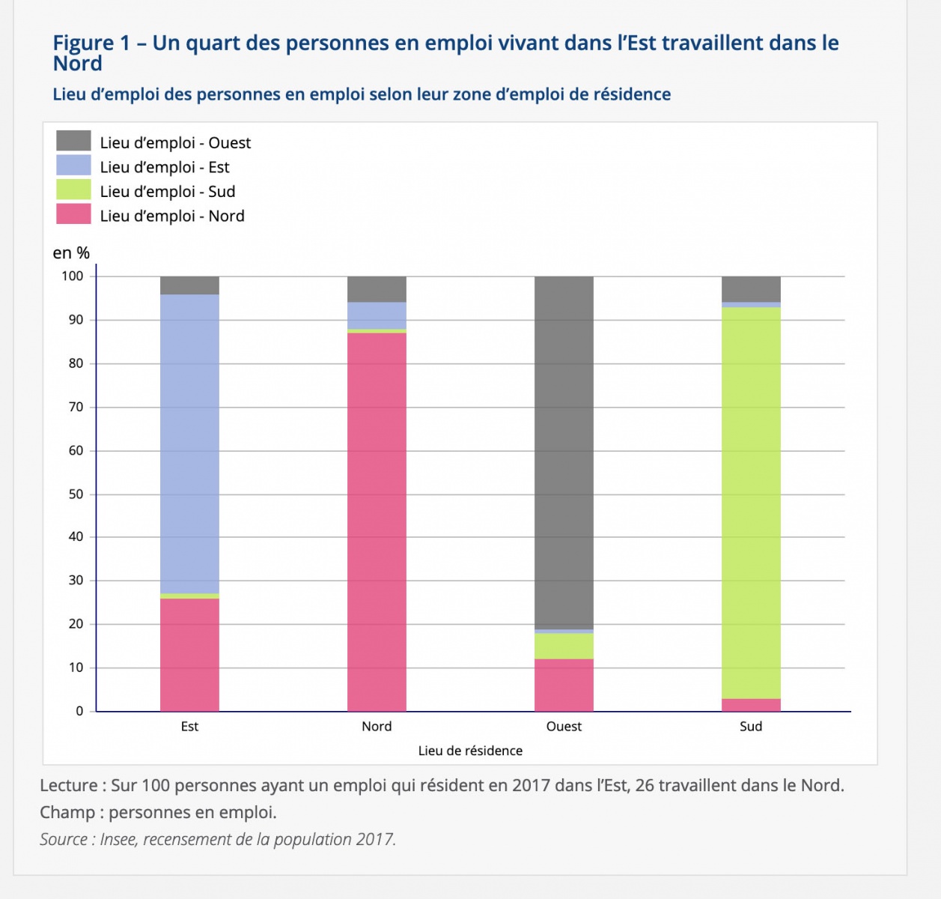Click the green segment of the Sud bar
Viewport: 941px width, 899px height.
[751, 503]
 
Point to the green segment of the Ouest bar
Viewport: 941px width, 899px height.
[564, 646]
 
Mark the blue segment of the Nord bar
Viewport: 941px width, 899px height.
[377, 315]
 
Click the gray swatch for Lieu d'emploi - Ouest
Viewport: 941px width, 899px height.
[73, 141]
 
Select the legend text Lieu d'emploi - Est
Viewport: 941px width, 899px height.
[165, 167]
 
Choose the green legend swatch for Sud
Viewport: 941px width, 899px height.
[73, 190]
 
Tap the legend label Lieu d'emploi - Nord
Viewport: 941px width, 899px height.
[172, 216]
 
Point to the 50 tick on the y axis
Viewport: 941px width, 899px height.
[76, 494]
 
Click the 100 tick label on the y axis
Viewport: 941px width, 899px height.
[73, 276]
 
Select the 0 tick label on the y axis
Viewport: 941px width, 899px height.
[80, 711]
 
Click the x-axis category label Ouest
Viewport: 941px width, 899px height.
[564, 726]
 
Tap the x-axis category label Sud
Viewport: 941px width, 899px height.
[751, 726]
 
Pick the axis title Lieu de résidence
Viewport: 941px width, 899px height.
[470, 751]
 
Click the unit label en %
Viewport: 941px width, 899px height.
[71, 253]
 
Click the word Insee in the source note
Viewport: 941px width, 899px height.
[118, 839]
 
